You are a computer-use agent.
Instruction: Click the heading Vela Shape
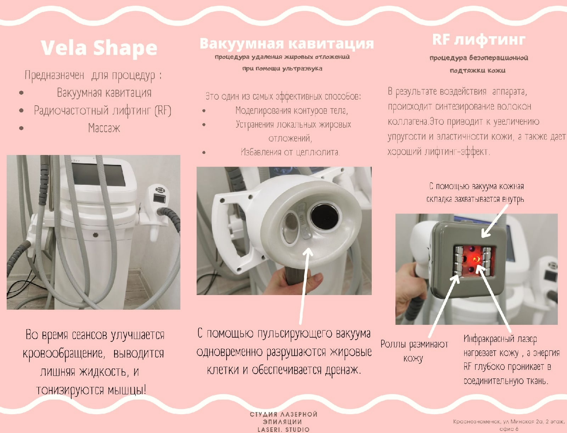coord(99,48)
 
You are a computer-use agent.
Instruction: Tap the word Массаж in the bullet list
coord(104,128)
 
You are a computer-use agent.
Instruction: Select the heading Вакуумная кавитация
coord(287,43)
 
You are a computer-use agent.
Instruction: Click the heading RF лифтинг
coord(479,40)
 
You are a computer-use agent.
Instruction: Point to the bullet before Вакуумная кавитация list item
coord(22,93)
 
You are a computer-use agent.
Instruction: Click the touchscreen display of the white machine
coord(99,175)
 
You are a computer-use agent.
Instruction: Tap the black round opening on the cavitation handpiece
coord(325,218)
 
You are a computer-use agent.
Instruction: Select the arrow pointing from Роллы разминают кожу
coord(444,306)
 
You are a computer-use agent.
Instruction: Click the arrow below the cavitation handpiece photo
coord(305,285)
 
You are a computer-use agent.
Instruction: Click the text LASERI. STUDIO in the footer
coord(283,429)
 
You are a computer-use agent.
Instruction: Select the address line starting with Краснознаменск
coord(509,425)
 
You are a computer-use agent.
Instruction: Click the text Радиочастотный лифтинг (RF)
coord(102,111)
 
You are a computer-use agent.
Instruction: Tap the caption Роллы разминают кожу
coord(414,351)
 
